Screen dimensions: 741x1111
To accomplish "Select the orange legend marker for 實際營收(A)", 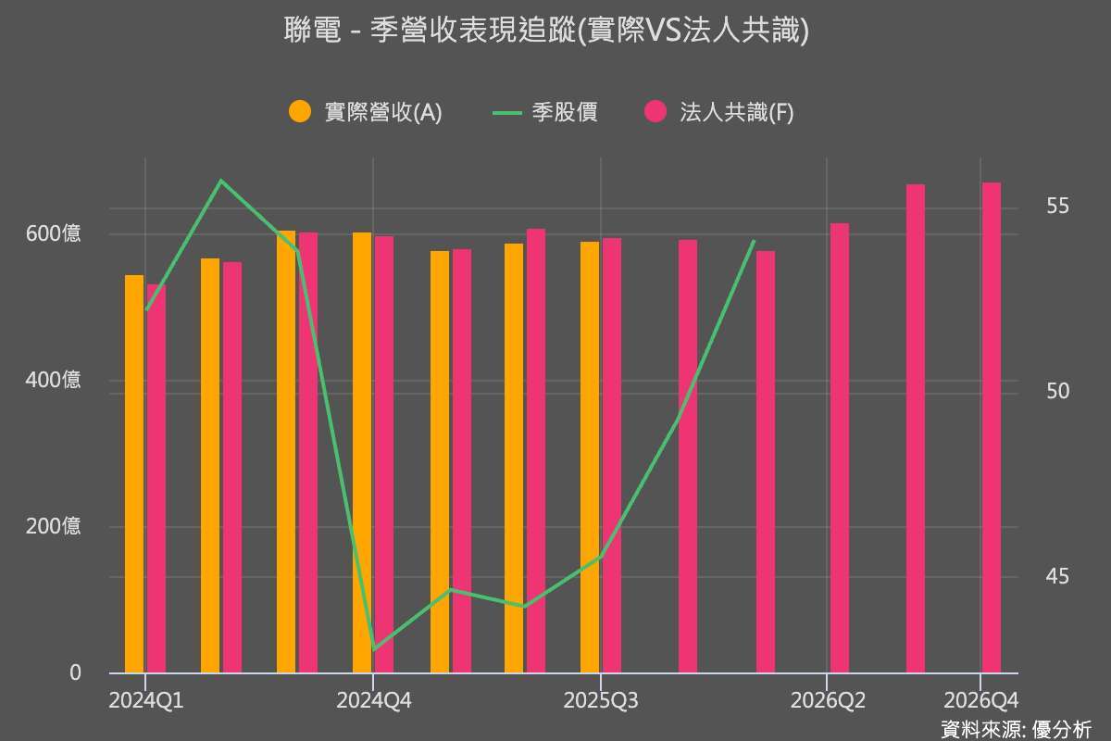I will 300,111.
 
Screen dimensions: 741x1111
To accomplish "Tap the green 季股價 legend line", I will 508,112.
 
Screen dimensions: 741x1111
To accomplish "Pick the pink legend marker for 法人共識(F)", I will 655,111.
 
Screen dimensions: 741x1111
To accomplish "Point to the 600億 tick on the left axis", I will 53,233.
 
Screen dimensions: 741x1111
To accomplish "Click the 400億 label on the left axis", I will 53,381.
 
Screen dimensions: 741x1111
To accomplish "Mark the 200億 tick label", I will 53,527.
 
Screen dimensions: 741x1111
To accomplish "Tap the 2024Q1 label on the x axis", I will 145,700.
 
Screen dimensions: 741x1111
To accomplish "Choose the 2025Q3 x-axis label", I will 601,700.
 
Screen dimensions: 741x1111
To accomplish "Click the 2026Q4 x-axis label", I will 980,700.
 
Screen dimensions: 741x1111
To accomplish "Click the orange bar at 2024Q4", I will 362,453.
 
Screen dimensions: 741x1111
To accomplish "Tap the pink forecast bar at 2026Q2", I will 840,448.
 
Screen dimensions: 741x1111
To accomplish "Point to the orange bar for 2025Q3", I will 590,458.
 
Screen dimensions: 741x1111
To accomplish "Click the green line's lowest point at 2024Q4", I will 373,649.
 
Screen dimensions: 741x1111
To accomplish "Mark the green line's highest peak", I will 221,181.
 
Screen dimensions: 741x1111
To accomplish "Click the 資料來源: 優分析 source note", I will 1016,728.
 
